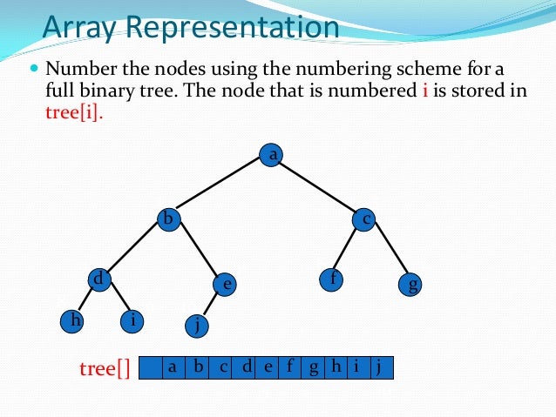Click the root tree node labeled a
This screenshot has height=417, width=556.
point(273,155)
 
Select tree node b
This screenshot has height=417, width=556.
point(168,219)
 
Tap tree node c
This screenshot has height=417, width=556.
point(365,219)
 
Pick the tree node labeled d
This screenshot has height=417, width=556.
point(99,279)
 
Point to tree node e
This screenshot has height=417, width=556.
point(226,284)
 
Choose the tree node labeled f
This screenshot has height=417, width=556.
point(331,280)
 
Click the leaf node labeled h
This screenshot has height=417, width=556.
point(76,320)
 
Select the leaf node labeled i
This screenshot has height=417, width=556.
point(132,320)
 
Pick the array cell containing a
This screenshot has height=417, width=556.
point(173,367)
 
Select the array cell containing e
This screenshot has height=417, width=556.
point(268,367)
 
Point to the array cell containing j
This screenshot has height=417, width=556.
point(380,367)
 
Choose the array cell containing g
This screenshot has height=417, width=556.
point(313,367)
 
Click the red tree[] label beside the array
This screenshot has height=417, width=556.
point(104,368)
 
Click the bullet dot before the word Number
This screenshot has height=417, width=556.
point(35,67)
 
